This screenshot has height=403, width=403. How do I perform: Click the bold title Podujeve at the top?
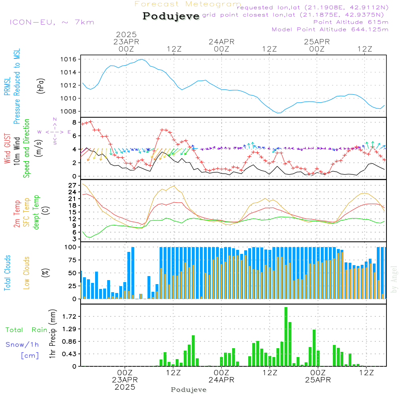click(x=171, y=16)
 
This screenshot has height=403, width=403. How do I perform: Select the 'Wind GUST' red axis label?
click(x=8, y=150)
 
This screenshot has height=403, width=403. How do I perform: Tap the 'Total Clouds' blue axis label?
click(x=7, y=273)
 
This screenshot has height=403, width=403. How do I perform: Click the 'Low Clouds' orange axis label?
click(x=27, y=273)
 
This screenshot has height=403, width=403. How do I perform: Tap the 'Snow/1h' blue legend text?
click(x=23, y=345)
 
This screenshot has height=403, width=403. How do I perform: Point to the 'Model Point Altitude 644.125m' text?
click(x=330, y=29)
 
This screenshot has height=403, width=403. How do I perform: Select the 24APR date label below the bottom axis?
click(x=221, y=380)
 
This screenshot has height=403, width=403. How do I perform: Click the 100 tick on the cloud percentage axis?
click(x=71, y=247)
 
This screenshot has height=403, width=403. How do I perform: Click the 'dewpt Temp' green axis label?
click(x=37, y=212)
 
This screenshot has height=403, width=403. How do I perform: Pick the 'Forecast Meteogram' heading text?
click(x=188, y=4)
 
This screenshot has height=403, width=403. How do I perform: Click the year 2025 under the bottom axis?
click(x=125, y=387)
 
